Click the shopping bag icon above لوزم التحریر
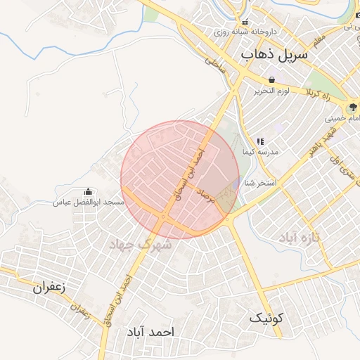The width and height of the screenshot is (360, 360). click(x=271, y=79)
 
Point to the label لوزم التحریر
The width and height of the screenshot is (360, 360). click(x=271, y=91)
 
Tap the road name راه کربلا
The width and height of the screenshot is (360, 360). click(x=323, y=94)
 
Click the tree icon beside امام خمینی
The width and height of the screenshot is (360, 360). click(x=352, y=108)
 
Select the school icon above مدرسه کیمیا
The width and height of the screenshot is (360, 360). click(x=260, y=141)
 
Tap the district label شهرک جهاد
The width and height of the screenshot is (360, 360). click(x=141, y=244)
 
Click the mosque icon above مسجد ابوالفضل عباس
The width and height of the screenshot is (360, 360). click(x=89, y=191)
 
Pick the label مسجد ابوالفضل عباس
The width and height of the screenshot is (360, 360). click(x=89, y=202)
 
